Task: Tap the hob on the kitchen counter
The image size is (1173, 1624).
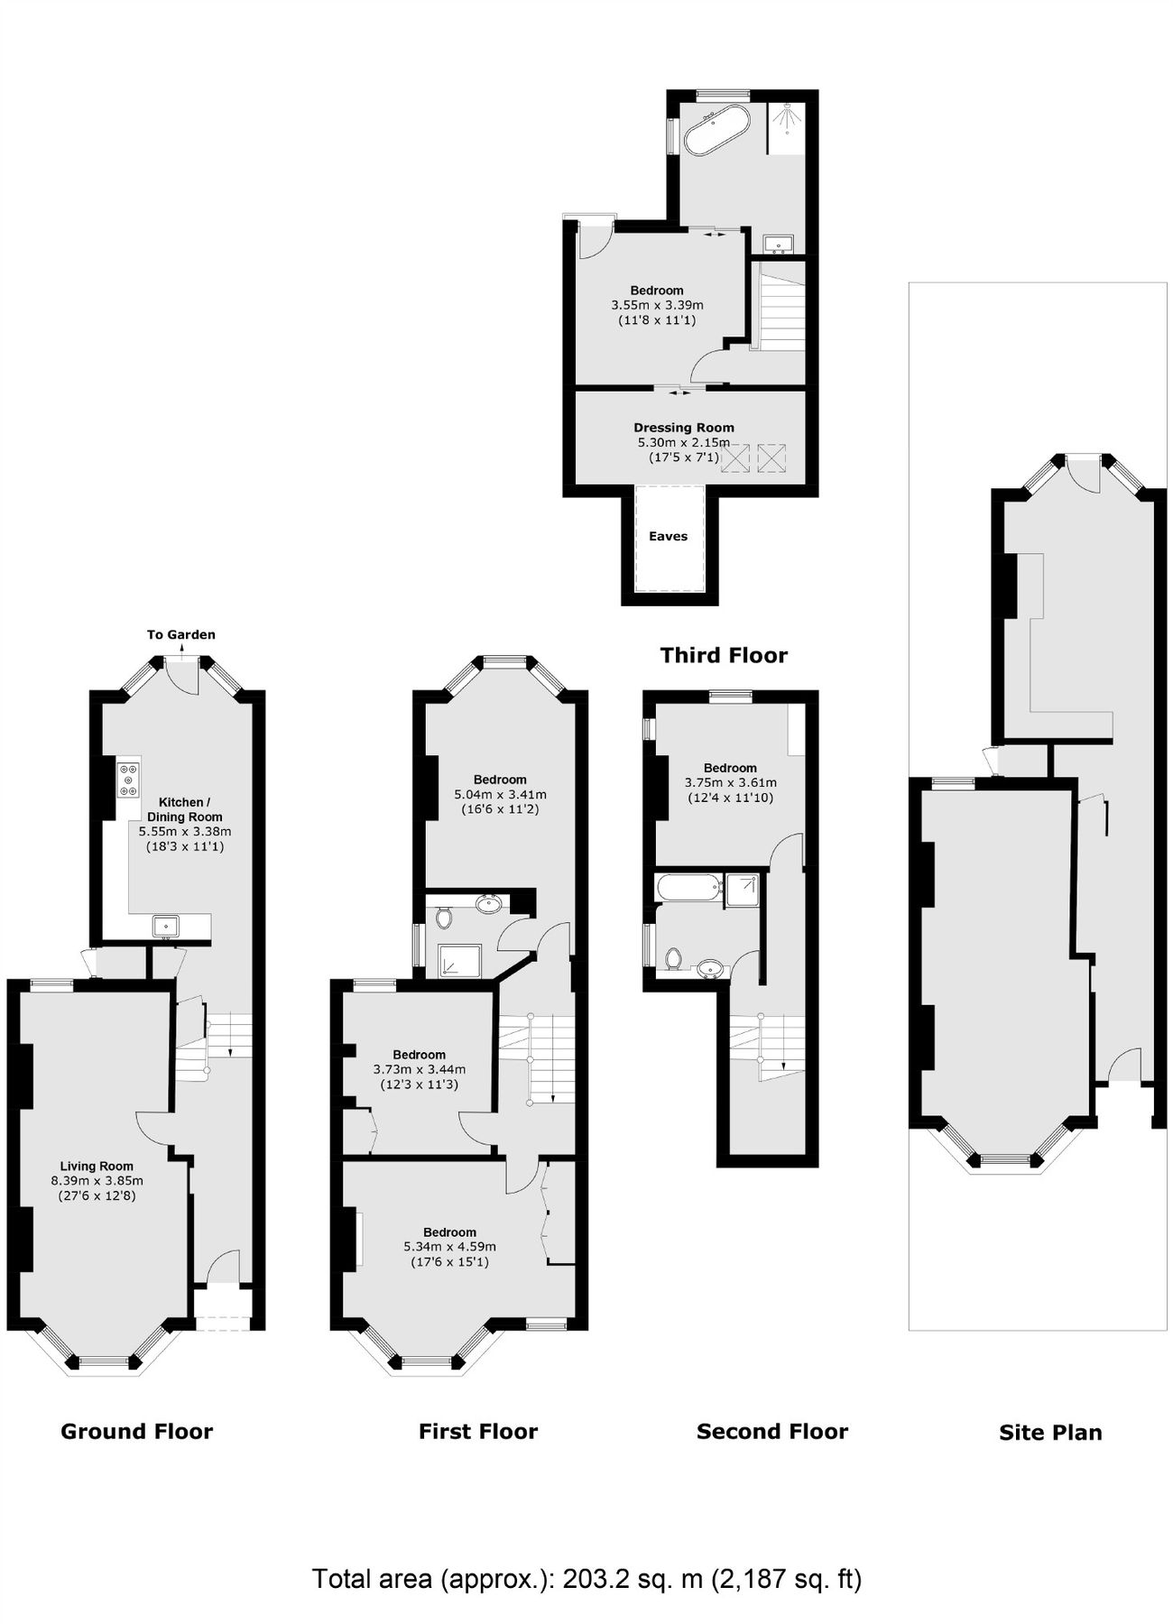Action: click(128, 780)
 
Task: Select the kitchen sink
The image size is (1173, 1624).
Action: click(166, 926)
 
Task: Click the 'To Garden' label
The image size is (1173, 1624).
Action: click(181, 635)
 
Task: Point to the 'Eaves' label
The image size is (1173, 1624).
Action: click(668, 536)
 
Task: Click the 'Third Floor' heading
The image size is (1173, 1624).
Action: click(724, 656)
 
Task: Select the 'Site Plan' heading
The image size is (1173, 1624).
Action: click(1050, 1433)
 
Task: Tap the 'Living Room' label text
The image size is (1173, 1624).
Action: click(97, 1167)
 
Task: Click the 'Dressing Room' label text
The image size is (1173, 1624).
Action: click(683, 428)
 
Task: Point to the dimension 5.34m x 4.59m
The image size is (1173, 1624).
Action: click(449, 1247)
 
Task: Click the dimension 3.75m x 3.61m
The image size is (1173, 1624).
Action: click(730, 783)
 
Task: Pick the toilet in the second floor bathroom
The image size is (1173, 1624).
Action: click(672, 958)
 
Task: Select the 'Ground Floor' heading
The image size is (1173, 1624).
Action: click(136, 1432)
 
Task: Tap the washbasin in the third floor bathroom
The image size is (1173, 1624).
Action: click(777, 243)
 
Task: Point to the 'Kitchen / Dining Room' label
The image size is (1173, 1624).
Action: click(184, 809)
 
